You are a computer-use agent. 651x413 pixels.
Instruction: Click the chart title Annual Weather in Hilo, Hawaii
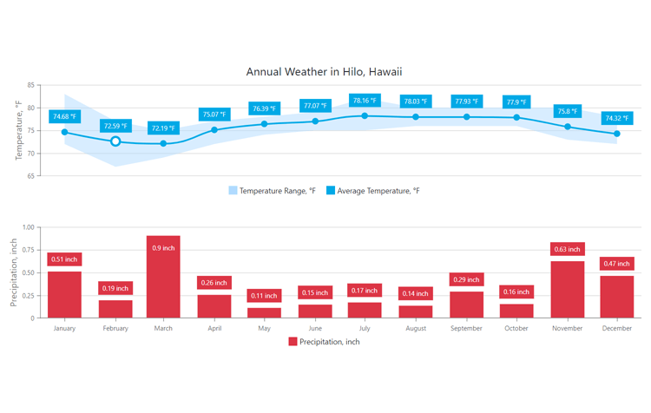pos(324,72)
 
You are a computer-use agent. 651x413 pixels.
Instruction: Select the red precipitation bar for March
pos(163,277)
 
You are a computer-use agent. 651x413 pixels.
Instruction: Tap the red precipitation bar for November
pos(567,290)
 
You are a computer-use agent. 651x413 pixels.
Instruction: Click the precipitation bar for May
pos(264,313)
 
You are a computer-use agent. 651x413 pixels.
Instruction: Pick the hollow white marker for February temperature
pos(115,141)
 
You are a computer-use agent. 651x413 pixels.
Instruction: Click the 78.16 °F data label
pos(365,101)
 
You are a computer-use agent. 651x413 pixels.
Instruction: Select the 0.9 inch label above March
pos(163,248)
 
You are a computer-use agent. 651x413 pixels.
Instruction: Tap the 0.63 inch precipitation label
pos(567,249)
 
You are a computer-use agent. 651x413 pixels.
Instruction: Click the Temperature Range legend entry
pos(273,191)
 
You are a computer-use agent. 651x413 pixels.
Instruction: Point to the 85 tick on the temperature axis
pos(30,85)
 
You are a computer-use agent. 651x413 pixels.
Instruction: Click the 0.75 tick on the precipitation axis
pos(28,250)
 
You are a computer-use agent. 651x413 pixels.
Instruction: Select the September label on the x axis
pos(466,328)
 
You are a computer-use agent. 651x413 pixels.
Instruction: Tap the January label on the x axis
pos(64,328)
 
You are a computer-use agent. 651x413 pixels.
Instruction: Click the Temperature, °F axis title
pos(18,130)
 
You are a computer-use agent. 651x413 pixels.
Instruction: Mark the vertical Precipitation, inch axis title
pos(14,272)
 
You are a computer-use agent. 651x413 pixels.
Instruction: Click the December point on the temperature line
pos(617,134)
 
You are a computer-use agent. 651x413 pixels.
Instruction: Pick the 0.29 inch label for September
pos(466,279)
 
